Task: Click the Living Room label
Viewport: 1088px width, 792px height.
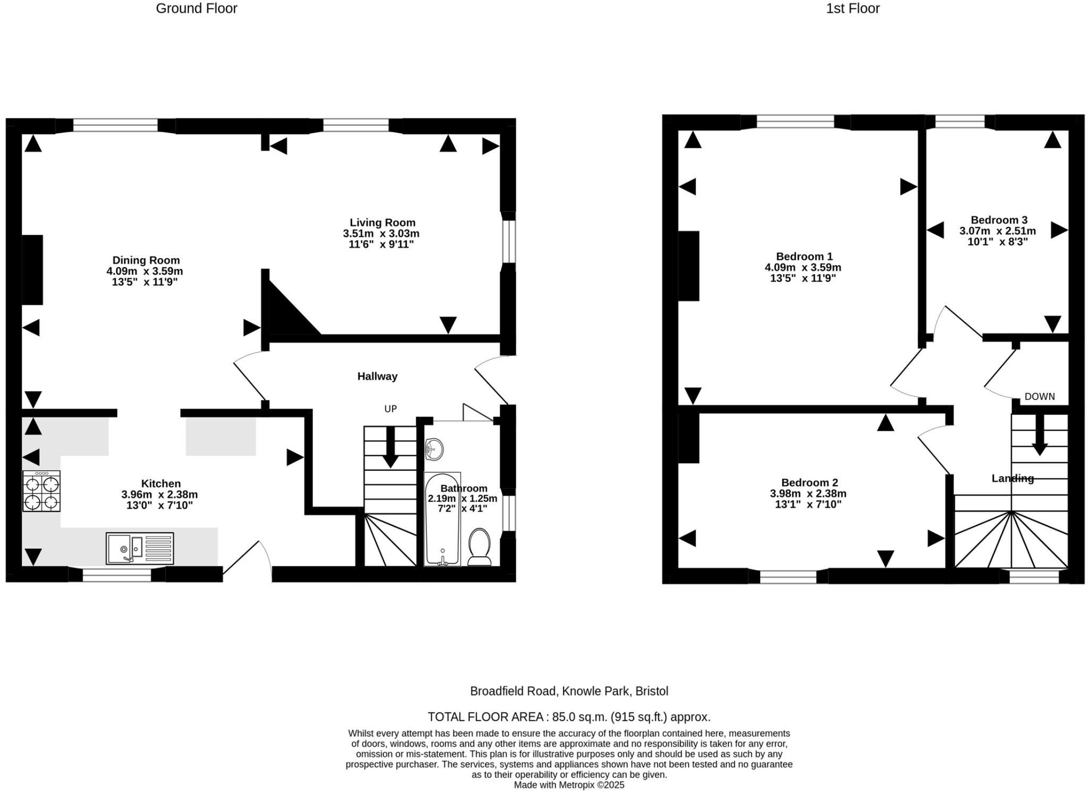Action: pyautogui.click(x=382, y=223)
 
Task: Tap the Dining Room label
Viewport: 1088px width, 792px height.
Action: pyautogui.click(x=146, y=260)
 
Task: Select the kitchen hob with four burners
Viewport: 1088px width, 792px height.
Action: pyautogui.click(x=41, y=491)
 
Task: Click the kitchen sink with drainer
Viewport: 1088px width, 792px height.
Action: pyautogui.click(x=140, y=548)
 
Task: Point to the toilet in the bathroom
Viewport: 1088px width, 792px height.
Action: pyautogui.click(x=479, y=547)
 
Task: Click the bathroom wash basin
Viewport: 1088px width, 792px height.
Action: pyautogui.click(x=435, y=449)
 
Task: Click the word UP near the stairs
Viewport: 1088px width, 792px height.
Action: pyautogui.click(x=390, y=409)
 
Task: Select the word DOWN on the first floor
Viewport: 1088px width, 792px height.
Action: pyautogui.click(x=1039, y=397)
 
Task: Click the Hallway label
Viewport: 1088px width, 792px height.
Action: pyautogui.click(x=377, y=377)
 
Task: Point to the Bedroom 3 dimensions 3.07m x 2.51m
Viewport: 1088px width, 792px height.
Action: pyautogui.click(x=997, y=231)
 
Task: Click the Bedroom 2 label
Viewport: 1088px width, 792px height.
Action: pyautogui.click(x=809, y=483)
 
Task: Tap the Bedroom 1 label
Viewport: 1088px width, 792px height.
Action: pyautogui.click(x=804, y=257)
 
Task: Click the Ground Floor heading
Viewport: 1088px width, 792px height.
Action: pyautogui.click(x=196, y=8)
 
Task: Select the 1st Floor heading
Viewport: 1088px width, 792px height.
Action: pyautogui.click(x=852, y=8)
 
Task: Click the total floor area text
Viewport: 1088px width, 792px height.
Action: pyautogui.click(x=569, y=717)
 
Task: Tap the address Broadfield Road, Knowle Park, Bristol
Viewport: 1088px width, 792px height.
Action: pyautogui.click(x=569, y=691)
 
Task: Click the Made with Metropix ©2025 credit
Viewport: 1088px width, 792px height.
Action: pyautogui.click(x=569, y=785)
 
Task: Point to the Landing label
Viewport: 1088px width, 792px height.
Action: pyautogui.click(x=1012, y=479)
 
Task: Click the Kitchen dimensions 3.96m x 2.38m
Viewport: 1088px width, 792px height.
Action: pyautogui.click(x=159, y=495)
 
